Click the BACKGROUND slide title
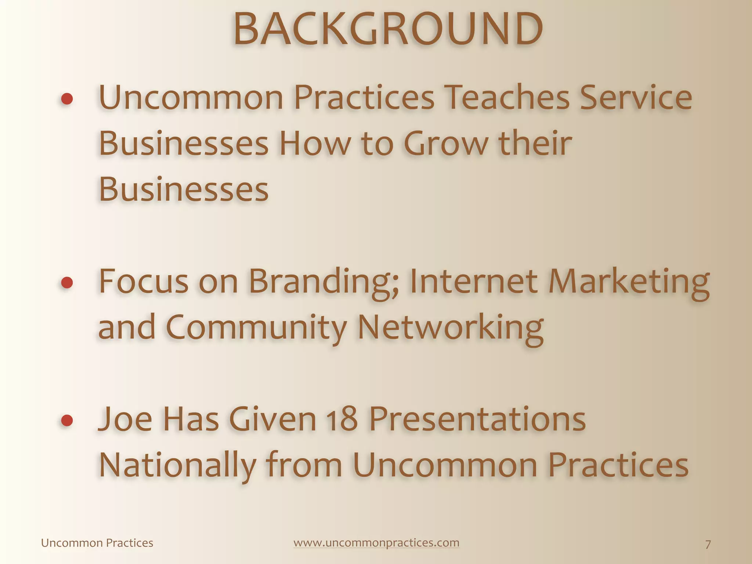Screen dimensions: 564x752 (x=388, y=29)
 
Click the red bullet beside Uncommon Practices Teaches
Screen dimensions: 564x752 (x=67, y=99)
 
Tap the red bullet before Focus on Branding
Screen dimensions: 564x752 (x=67, y=282)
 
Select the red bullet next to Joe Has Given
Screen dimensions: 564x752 (x=67, y=420)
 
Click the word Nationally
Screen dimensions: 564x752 (x=177, y=466)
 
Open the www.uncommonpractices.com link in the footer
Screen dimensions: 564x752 (x=376, y=543)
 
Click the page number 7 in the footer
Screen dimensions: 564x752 (x=708, y=544)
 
